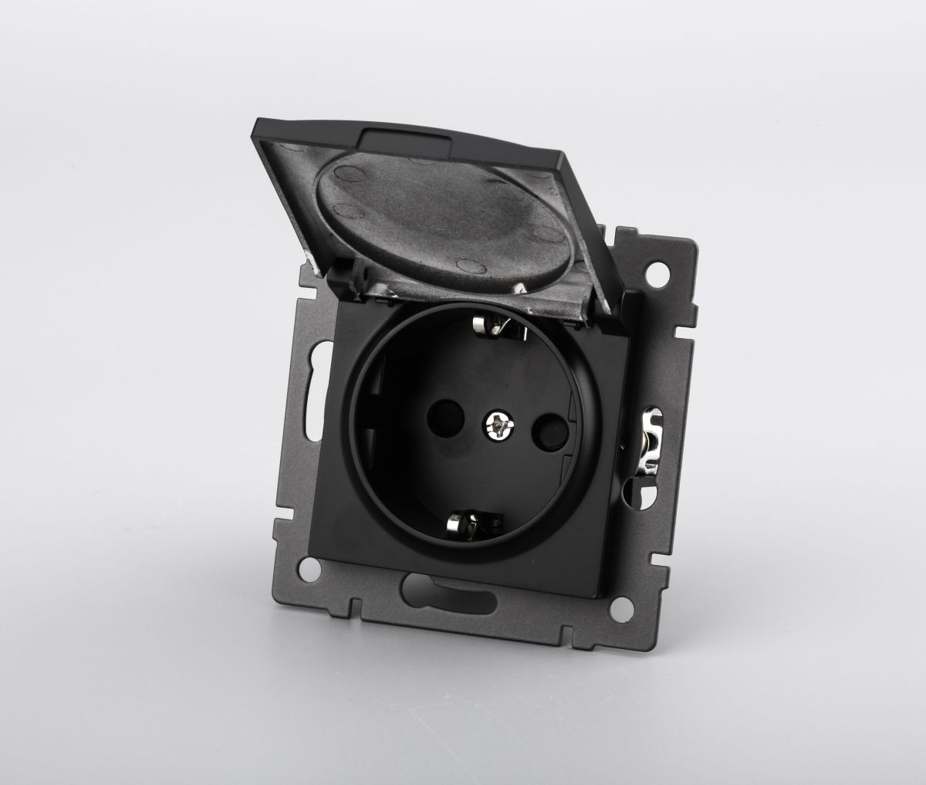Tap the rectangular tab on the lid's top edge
coord(400,141)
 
